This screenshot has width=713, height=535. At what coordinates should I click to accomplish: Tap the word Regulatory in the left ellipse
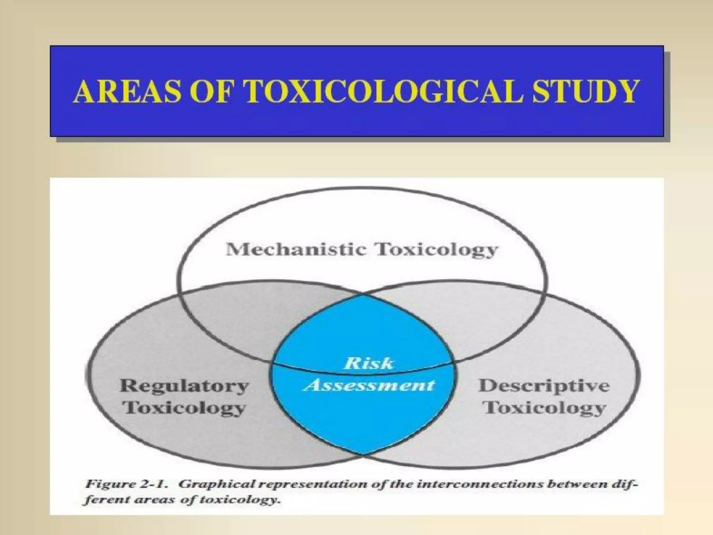(x=184, y=386)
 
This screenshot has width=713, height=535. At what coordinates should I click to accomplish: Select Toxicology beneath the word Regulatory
(x=185, y=408)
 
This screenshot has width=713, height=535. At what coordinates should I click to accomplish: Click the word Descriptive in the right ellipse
(x=544, y=386)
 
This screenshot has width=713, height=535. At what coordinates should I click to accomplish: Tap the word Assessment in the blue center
(x=369, y=385)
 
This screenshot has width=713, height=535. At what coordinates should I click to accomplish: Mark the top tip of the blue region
(x=362, y=295)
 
